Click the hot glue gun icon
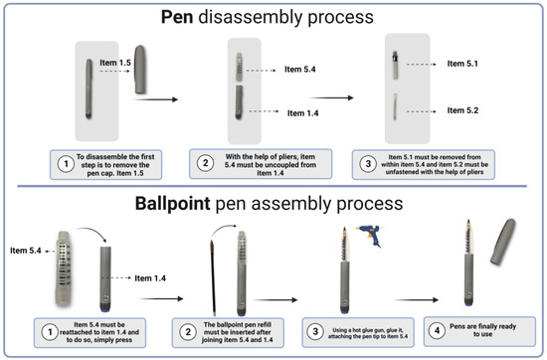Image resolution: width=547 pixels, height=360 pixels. [x=370, y=236]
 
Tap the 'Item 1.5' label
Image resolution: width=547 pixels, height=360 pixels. [x=115, y=63]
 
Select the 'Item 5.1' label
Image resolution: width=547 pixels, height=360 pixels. [x=462, y=64]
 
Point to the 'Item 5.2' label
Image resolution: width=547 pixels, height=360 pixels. [x=462, y=110]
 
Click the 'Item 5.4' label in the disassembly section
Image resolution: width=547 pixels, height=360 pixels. [x=300, y=70]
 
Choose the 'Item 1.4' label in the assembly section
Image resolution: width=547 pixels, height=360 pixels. [x=150, y=278]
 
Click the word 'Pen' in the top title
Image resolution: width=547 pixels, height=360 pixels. [x=177, y=17]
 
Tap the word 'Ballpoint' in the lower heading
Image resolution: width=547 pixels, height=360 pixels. [x=173, y=204]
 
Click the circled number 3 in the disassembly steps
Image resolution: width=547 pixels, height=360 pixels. [x=368, y=164]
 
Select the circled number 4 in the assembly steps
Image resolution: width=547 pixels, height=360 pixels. [x=438, y=330]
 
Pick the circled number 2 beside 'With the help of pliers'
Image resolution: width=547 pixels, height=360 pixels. [x=206, y=163]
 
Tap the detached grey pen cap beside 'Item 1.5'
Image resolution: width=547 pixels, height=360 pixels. [x=140, y=69]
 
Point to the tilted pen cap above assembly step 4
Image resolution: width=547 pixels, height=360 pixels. [x=502, y=242]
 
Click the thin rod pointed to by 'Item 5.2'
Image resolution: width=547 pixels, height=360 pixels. [x=395, y=106]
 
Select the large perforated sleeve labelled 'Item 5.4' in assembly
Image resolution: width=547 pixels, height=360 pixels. [x=65, y=269]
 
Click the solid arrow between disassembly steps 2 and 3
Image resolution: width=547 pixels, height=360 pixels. [x=332, y=98]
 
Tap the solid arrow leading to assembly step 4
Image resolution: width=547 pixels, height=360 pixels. [x=417, y=299]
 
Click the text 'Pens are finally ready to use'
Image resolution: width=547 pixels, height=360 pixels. [x=482, y=330]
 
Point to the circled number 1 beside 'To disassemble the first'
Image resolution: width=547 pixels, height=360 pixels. [x=66, y=164]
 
